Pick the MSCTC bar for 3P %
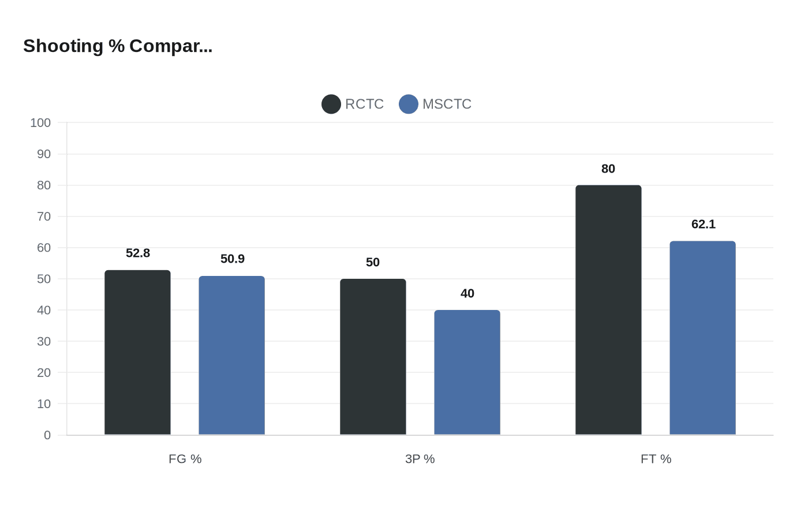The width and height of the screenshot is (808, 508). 467,372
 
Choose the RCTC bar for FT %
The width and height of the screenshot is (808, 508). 608,310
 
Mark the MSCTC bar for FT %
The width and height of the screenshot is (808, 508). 702,338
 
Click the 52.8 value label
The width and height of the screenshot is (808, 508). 138,253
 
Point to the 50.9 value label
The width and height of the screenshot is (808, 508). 233,259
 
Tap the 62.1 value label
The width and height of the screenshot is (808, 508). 704,224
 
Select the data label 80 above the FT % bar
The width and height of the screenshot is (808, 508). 608,169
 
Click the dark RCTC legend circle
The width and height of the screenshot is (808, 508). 331,104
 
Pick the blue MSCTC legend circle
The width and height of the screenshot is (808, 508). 409,104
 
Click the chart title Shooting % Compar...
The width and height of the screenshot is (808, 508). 118,46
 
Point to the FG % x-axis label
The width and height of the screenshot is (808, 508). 185,459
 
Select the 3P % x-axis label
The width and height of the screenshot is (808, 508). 420,459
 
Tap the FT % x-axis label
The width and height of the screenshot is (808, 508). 656,459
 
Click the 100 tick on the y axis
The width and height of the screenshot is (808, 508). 40,122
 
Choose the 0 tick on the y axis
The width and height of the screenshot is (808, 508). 47,435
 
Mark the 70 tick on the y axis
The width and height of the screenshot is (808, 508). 44,216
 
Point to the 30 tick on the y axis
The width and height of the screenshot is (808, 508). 44,341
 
